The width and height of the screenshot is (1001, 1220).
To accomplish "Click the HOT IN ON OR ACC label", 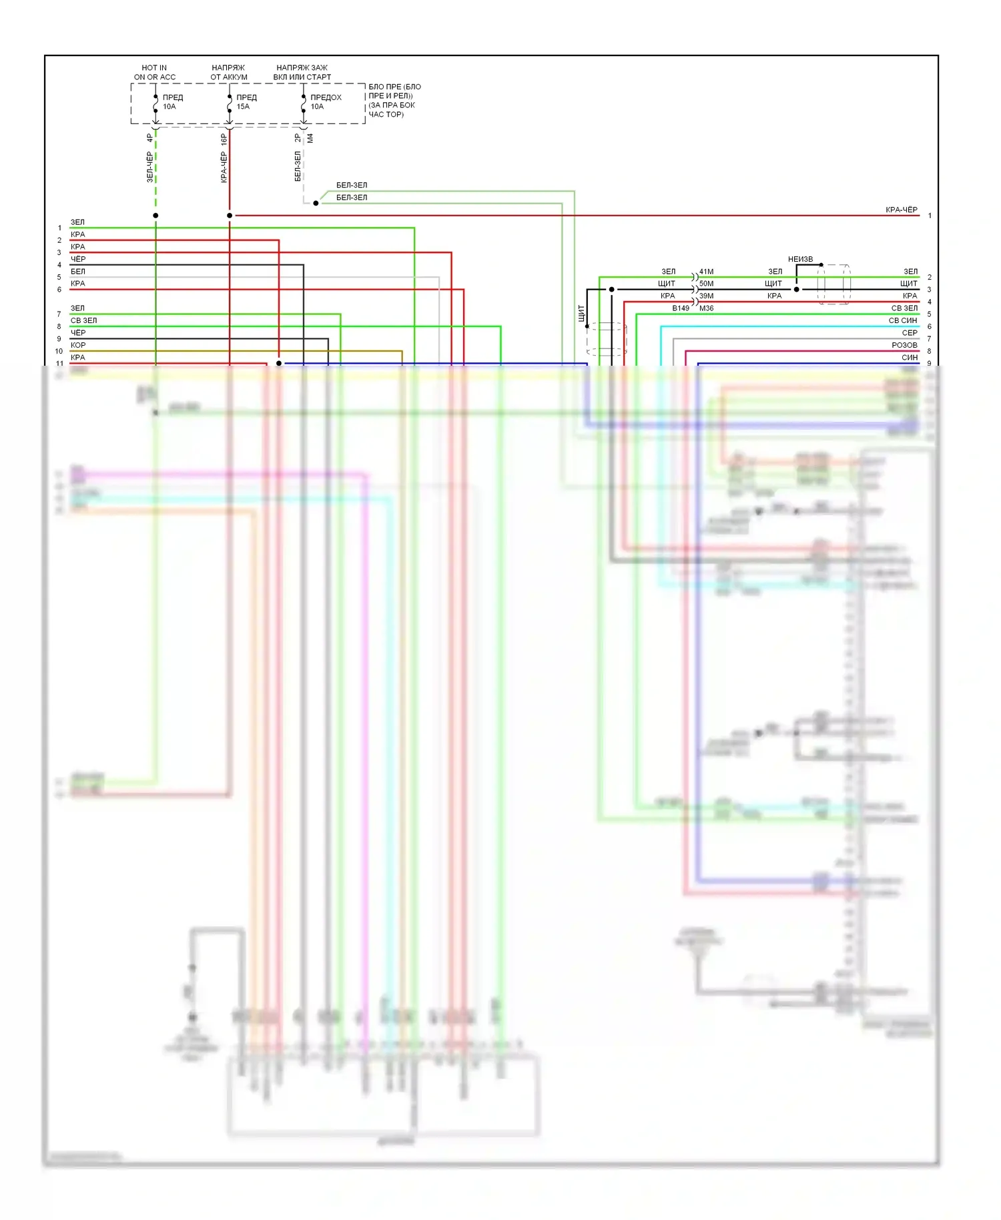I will click(154, 72).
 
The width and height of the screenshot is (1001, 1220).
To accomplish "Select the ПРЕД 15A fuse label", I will click(246, 101).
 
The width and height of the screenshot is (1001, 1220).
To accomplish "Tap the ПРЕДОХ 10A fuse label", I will click(325, 101).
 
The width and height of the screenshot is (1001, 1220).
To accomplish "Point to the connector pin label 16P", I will click(224, 139).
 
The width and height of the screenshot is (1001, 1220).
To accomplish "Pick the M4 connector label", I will click(310, 138).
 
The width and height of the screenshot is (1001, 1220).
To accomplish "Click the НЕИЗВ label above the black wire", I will click(800, 259).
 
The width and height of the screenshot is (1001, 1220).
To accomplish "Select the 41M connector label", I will click(706, 272).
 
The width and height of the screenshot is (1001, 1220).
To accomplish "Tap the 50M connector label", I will click(706, 284).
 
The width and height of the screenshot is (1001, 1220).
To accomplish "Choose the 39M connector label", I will click(706, 296).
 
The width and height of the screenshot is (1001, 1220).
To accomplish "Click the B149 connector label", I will click(681, 308).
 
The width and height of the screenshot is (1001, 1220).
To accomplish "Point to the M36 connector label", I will click(706, 308).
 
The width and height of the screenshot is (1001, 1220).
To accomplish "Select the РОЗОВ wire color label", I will click(904, 345).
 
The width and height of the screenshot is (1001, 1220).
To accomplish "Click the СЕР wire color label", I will click(910, 333).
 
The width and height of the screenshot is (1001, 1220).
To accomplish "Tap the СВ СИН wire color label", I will click(903, 320).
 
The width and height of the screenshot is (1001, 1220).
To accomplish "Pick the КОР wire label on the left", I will click(78, 345).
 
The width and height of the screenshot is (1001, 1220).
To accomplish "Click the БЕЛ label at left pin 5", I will click(78, 272).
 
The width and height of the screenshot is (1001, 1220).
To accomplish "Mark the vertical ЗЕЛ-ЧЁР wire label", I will click(149, 167).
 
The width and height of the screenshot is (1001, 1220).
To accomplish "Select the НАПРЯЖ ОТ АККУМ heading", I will click(228, 72).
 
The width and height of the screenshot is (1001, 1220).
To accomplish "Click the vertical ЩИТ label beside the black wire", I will click(581, 312).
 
